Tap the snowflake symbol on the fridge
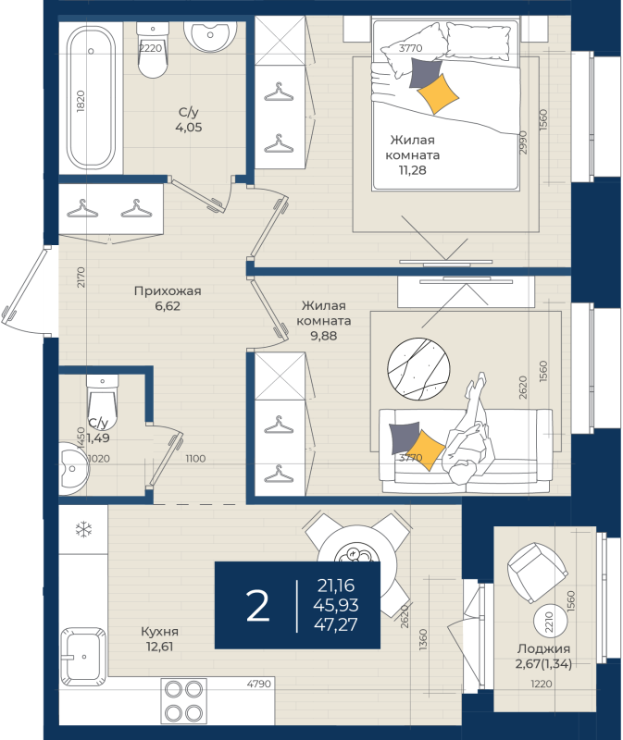tap(84, 529)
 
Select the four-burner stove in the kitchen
tap(183, 701)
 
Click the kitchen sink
tap(83, 657)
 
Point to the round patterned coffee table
tap(418, 368)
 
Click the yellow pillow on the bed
tap(438, 94)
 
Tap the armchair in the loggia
tap(537, 571)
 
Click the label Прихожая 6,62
tap(168, 298)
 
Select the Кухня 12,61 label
tap(159, 639)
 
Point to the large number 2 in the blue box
tap(258, 606)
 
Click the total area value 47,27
tap(336, 624)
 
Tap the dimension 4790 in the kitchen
tap(259, 684)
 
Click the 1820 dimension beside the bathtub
tap(81, 101)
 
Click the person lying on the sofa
tap(467, 432)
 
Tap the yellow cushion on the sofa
tap(426, 450)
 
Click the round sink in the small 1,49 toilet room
tap(74, 468)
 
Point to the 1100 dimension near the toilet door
tap(195, 458)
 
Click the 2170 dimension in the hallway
tap(81, 277)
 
